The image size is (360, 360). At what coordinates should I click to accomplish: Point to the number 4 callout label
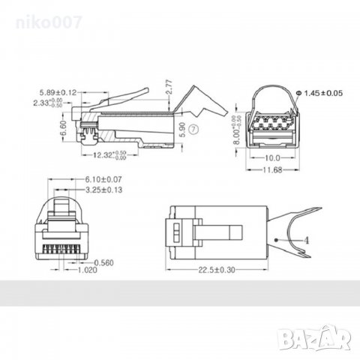click(305, 239)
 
